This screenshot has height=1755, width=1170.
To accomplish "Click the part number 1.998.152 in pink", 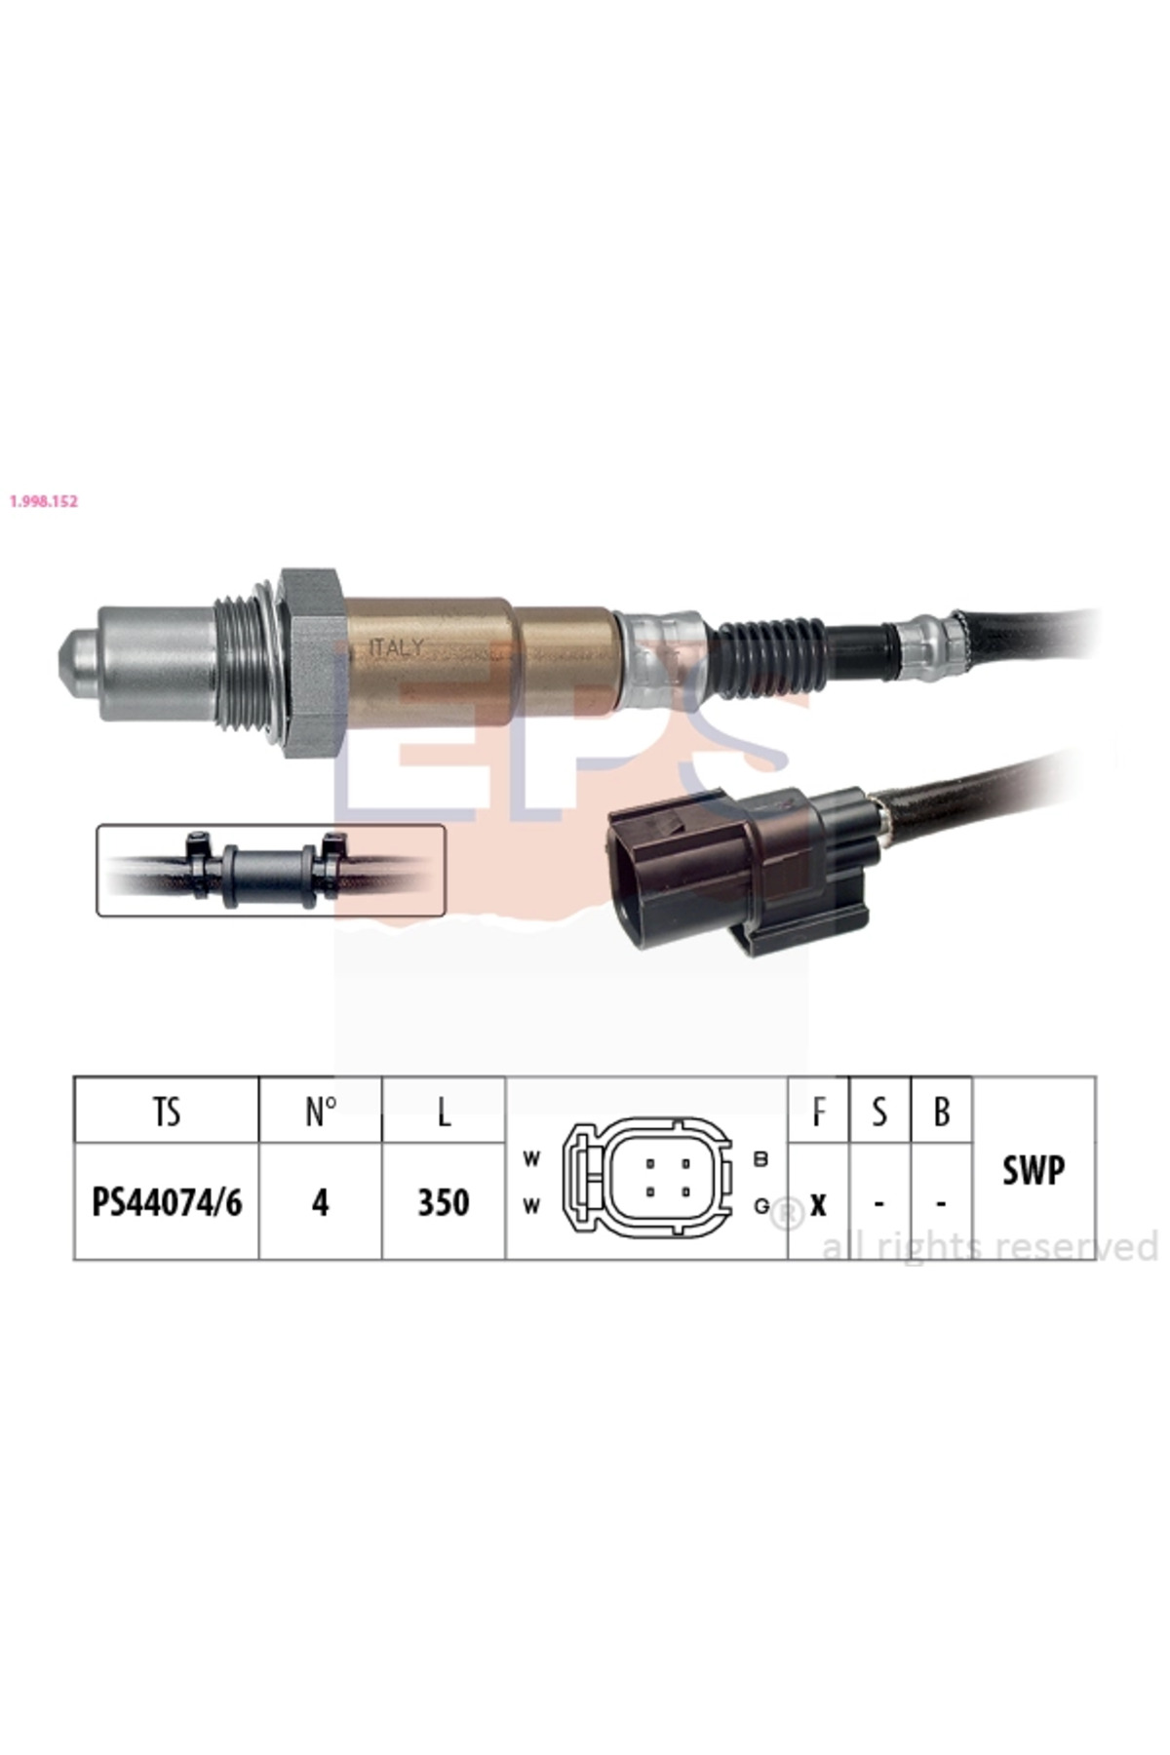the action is (43, 501).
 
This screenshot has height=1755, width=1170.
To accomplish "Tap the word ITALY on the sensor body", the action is (397, 647).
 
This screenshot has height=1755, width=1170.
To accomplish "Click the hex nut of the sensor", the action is (312, 663).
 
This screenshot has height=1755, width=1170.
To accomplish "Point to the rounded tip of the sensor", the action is (74, 663).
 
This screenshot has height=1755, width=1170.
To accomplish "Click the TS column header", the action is (167, 1111).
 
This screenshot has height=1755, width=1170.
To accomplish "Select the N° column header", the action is (321, 1111).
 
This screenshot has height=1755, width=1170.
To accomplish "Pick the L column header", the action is (444, 1111).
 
